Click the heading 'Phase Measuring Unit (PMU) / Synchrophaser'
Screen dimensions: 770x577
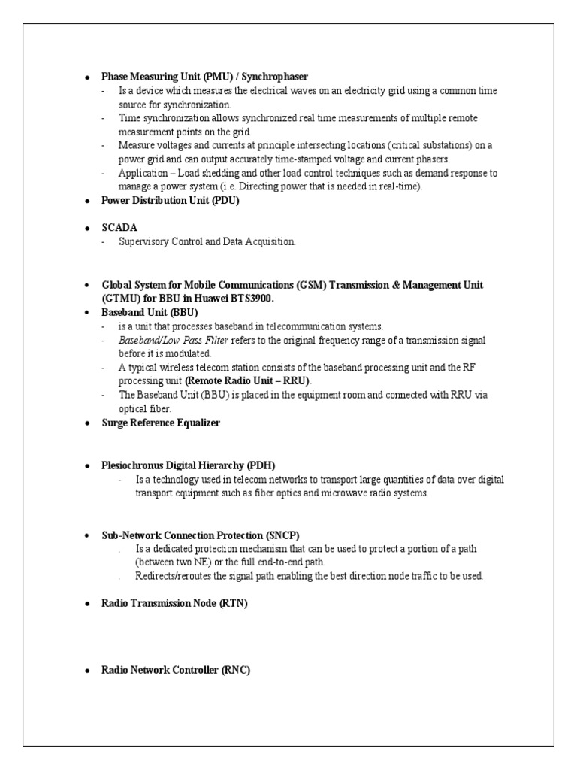[204, 77]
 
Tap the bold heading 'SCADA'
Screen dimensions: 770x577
[119, 226]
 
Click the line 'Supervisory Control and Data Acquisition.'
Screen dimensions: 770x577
[207, 241]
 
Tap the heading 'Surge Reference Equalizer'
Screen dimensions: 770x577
[161, 423]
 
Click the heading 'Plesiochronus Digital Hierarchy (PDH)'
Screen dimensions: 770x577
[193, 466]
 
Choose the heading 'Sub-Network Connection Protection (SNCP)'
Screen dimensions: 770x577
[201, 535]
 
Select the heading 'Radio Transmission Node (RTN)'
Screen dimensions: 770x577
[174, 603]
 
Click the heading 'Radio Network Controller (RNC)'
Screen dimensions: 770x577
[176, 670]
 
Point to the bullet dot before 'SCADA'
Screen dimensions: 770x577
[87, 227]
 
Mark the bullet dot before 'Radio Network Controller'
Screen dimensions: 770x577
[87, 671]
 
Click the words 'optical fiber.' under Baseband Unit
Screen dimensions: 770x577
[145, 408]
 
